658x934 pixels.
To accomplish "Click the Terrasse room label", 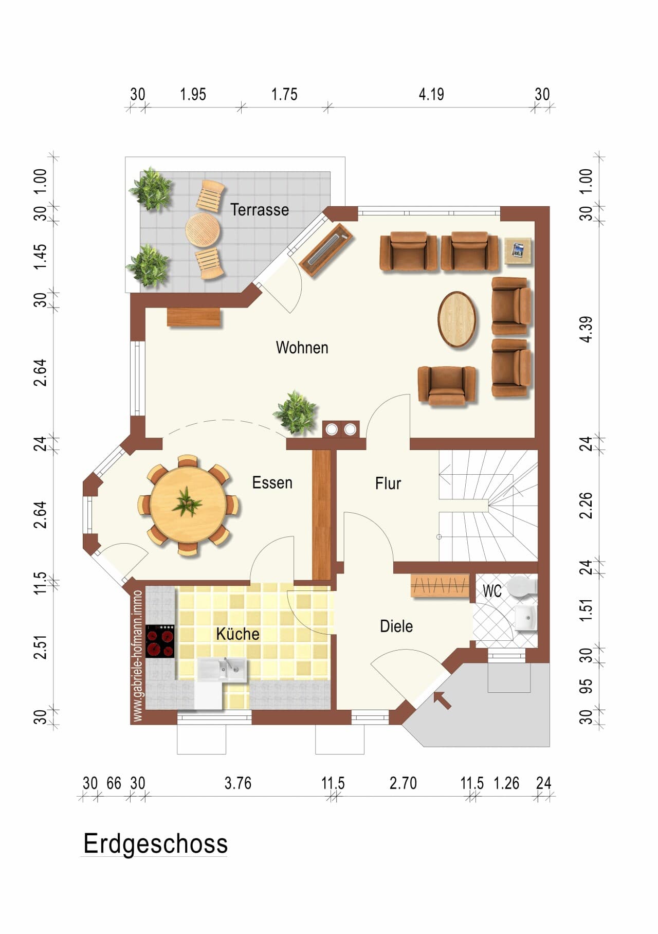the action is (x=260, y=210).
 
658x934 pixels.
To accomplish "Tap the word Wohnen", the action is (x=302, y=348).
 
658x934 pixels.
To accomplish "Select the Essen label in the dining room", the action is (x=272, y=483).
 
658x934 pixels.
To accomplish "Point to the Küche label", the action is (x=237, y=634).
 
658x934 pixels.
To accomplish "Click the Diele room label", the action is (x=396, y=626).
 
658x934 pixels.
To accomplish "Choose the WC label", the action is (x=492, y=591).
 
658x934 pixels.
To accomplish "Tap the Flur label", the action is (x=388, y=483).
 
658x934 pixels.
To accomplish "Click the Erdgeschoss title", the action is (x=155, y=845).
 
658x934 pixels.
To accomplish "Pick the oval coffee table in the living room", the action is (x=457, y=319).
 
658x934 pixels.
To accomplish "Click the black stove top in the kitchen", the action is (x=160, y=641).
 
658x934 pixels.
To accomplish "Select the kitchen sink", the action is (x=222, y=669).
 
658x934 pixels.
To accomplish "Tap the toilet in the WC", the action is (x=522, y=586).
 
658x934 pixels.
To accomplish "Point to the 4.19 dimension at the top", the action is (x=431, y=95).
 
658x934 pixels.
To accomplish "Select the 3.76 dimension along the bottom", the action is (x=238, y=783).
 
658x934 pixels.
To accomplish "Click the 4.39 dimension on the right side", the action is (x=587, y=330).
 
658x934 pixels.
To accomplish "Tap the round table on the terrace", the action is (x=203, y=229).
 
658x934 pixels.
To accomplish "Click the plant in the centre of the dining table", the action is (x=187, y=502).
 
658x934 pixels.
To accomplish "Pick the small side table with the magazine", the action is (x=518, y=251).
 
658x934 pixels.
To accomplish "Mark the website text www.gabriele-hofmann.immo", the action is (x=138, y=656).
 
